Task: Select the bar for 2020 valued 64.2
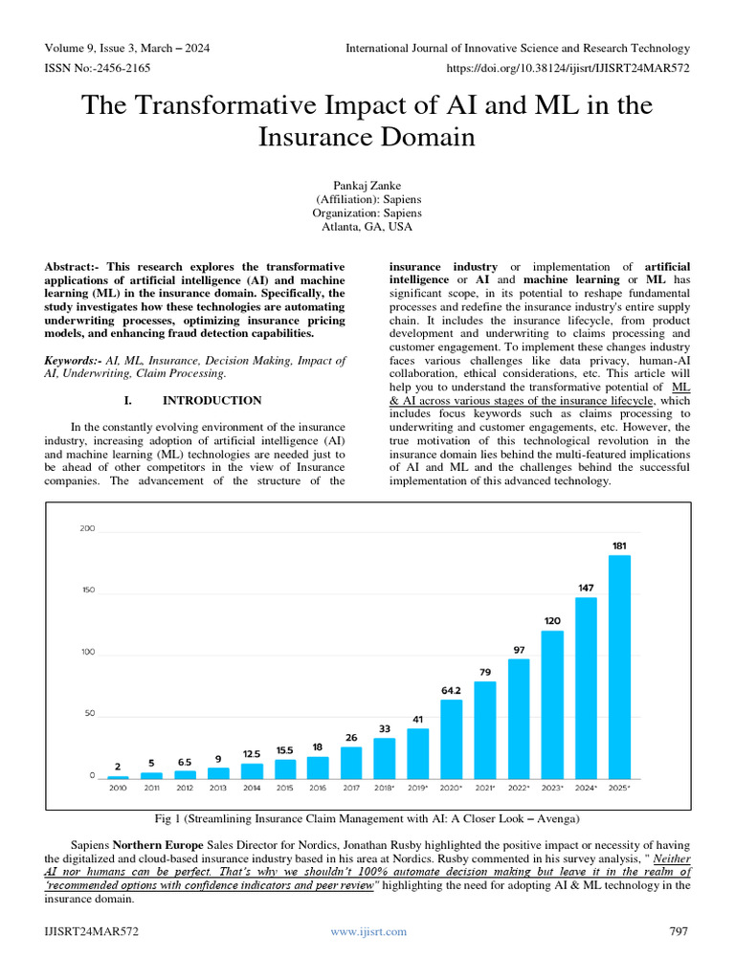(452, 739)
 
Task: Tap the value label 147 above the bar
(586, 587)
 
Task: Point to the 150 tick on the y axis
(87, 590)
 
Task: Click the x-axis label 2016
(318, 788)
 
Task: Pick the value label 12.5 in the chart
(252, 753)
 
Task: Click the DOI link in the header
(568, 68)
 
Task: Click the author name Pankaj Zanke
(367, 185)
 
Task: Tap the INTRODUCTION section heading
(212, 400)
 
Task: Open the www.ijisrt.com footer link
(367, 931)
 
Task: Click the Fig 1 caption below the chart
(367, 818)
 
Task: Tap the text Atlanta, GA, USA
(367, 228)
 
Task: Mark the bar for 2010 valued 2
(118, 776)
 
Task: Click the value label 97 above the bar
(519, 650)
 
